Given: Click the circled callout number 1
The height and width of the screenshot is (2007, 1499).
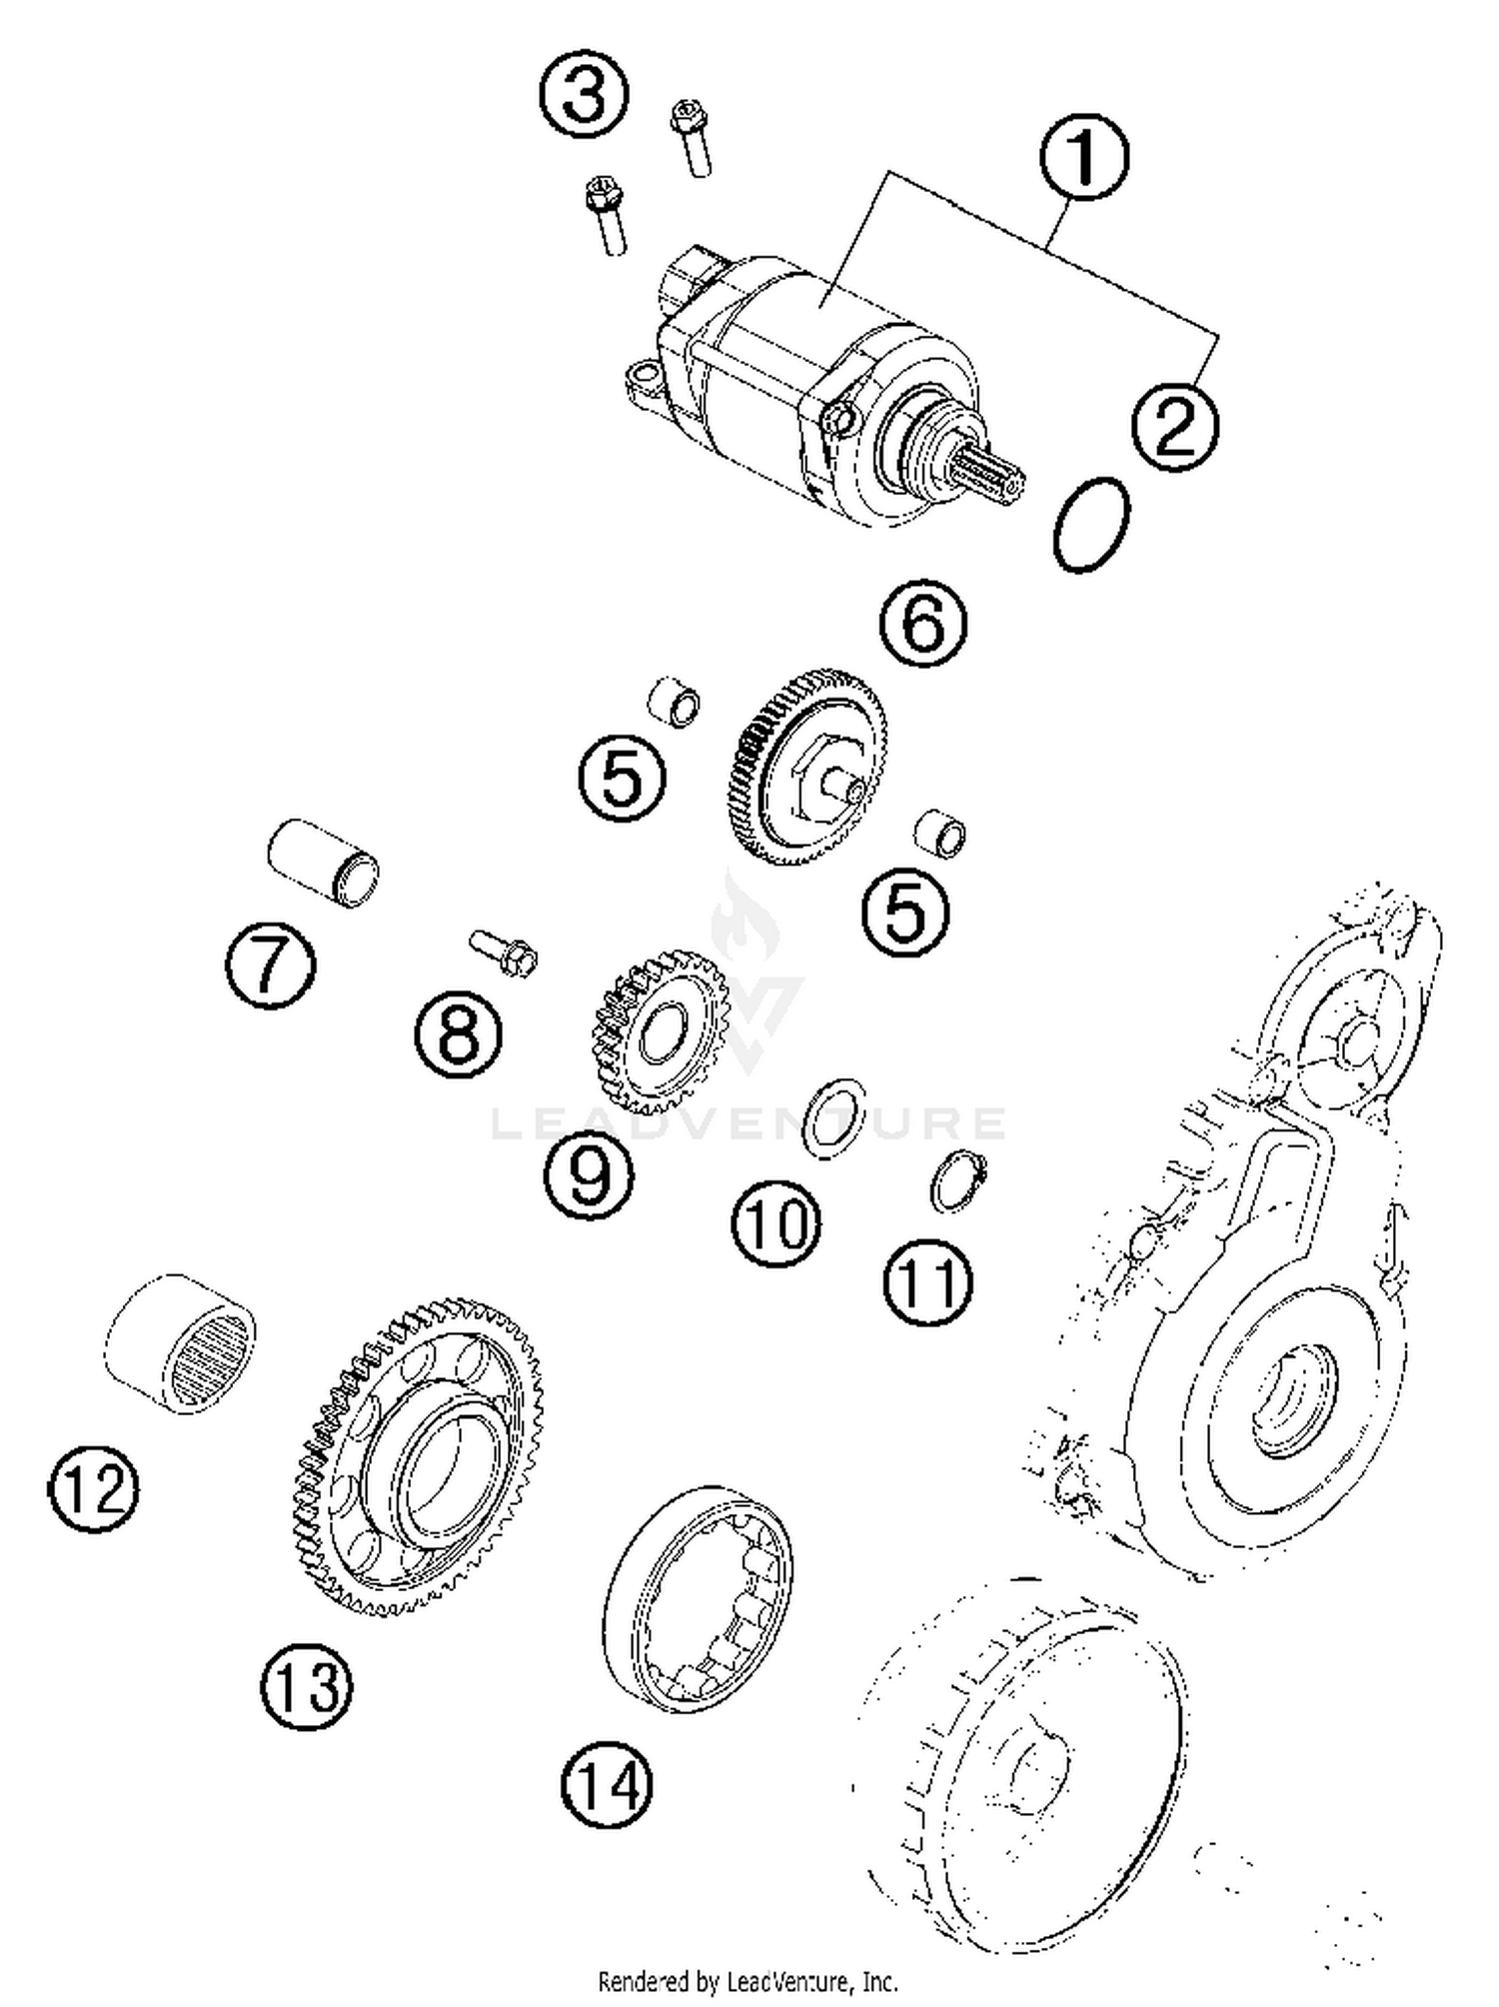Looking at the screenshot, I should pos(1083,157).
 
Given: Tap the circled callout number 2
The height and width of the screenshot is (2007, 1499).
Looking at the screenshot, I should pos(1175,427).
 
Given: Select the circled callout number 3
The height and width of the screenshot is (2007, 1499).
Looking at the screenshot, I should pos(585,95).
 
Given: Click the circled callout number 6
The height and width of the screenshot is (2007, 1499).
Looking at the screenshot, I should pos(923,623).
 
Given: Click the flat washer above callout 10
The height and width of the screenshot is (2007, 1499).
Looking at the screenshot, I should pos(834,1118).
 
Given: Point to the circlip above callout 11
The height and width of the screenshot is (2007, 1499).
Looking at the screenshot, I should pos(957,1181).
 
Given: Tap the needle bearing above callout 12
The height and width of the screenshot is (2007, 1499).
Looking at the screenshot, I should pos(181,1343).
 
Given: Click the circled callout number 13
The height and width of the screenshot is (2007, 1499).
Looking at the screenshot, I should pos(306,1687).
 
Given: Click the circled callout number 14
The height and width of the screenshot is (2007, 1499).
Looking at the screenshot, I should pos(607,1785).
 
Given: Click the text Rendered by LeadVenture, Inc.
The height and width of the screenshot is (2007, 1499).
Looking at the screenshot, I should pos(748,1980).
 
